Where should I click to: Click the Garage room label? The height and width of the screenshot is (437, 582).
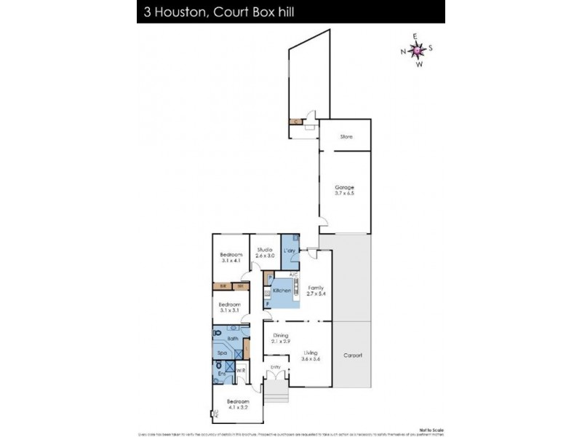point(345,187)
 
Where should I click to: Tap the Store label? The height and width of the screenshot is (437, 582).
point(346,136)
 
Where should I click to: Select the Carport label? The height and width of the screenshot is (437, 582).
point(353,355)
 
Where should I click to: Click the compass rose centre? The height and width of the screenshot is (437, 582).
point(417,50)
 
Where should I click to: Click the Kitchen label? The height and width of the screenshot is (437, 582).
point(282,291)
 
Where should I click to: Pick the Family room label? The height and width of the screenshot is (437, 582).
point(315,288)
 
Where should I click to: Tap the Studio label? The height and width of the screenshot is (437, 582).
point(264,250)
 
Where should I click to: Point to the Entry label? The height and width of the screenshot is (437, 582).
point(275,366)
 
